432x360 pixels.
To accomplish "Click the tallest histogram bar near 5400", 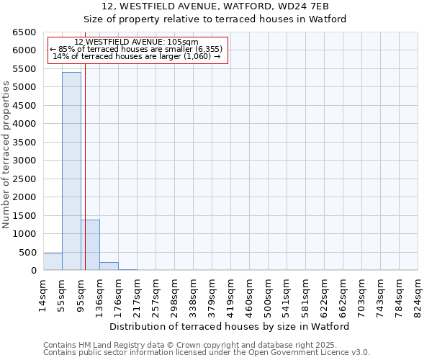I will [x=71, y=171].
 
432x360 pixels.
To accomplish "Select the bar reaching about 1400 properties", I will [x=90, y=245].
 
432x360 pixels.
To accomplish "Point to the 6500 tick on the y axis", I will [x=25, y=32].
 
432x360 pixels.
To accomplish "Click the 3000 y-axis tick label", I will [x=25, y=161].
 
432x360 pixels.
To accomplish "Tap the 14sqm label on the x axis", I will [x=44, y=294].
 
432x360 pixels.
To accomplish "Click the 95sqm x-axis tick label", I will [x=81, y=294].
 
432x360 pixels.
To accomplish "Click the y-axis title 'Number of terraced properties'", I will [x=6, y=155].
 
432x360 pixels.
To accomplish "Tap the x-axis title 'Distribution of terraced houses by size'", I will [x=230, y=326].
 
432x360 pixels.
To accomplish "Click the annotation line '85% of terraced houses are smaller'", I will [x=137, y=49].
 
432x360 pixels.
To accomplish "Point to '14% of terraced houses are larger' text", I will [x=137, y=56].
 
